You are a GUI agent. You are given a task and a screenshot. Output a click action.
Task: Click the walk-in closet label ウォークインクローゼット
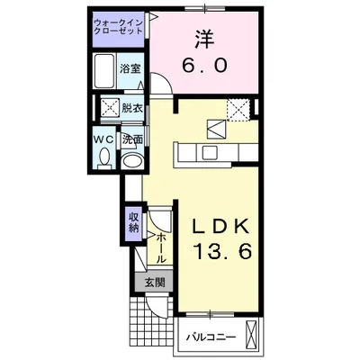click(x=118, y=27)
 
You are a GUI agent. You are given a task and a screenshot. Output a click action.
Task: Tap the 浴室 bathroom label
click(x=130, y=69)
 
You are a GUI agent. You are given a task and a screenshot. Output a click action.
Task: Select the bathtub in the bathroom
click(x=103, y=71)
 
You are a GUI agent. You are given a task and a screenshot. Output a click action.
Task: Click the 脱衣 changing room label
click(x=131, y=108)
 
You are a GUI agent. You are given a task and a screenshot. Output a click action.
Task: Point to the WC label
click(x=103, y=139)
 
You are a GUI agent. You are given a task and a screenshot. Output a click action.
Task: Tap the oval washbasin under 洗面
click(x=132, y=161)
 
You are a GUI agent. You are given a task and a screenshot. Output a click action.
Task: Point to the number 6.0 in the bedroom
click(x=204, y=65)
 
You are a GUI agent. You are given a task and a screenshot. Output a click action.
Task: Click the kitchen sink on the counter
click(x=211, y=153)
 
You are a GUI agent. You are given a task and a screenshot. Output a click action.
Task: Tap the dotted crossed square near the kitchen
click(x=238, y=110)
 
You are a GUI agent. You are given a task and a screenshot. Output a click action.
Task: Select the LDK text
click(x=220, y=228)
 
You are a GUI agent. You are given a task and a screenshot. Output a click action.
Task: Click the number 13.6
click(x=223, y=251)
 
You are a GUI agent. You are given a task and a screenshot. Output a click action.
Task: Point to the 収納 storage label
click(x=134, y=222)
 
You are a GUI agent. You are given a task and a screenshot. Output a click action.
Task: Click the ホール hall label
click(x=161, y=248)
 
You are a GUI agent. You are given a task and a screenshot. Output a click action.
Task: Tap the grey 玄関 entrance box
click(x=154, y=282)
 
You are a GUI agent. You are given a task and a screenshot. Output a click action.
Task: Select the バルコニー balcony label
click(x=211, y=337)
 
